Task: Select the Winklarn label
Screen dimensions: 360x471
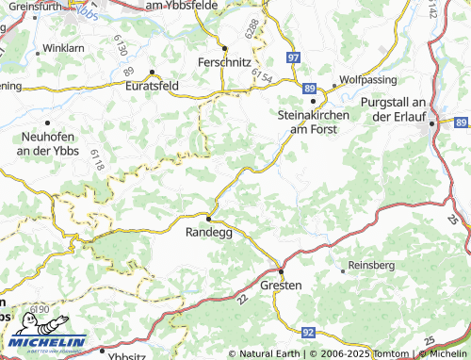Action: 63,46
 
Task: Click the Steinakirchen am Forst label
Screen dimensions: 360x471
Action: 314,122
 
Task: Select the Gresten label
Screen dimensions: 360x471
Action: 281,285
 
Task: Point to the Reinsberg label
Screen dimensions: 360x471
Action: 371,266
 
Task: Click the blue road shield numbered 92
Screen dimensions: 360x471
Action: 308,333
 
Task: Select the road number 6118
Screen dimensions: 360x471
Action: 98,161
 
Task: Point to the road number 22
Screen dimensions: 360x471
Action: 243,300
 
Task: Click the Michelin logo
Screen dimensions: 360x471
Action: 43,342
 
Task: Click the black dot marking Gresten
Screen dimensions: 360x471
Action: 280,270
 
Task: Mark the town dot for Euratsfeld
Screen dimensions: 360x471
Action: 152,72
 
